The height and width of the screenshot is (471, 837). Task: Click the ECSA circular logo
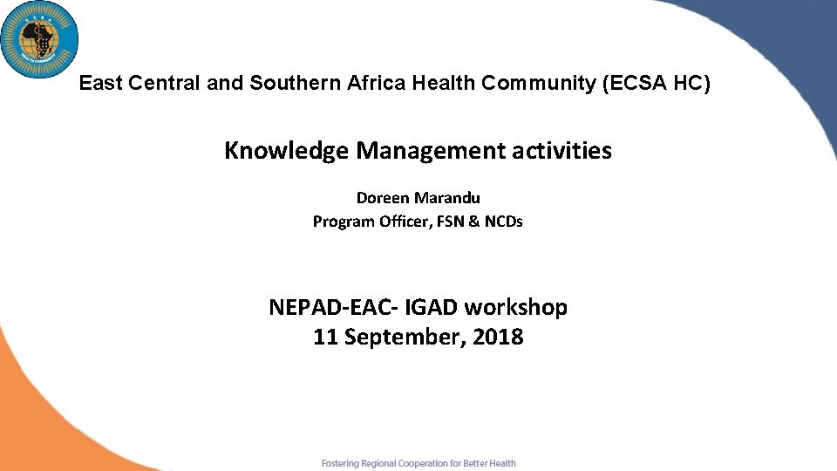click(x=39, y=39)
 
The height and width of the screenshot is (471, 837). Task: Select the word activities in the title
click(x=560, y=151)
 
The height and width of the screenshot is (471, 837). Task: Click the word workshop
click(x=516, y=307)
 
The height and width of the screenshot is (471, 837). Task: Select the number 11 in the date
click(x=325, y=337)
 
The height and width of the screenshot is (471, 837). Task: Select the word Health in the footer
click(x=501, y=463)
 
